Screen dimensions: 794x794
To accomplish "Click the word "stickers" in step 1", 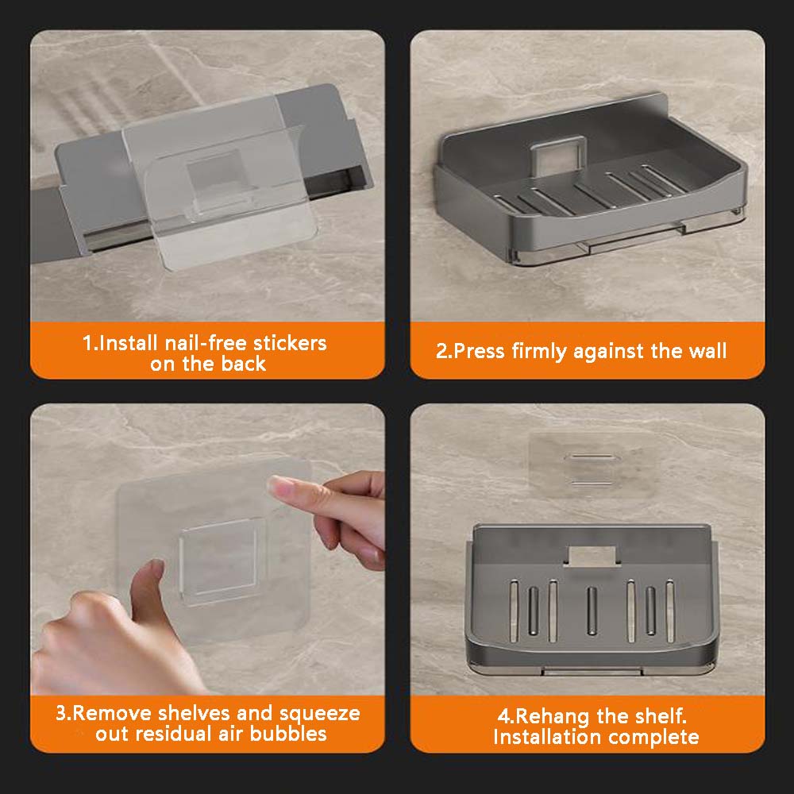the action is point(290,343).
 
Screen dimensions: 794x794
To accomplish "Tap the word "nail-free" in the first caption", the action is point(206,343).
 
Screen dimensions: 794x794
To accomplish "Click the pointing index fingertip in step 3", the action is point(276,484).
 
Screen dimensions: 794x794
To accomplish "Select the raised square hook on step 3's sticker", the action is point(218,561).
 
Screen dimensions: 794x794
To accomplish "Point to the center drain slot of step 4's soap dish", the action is point(591,610).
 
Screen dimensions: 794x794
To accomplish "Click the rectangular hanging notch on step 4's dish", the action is point(592,556).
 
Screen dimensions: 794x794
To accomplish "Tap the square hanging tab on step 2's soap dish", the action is point(557,156).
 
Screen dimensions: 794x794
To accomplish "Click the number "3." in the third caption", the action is point(64,714).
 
